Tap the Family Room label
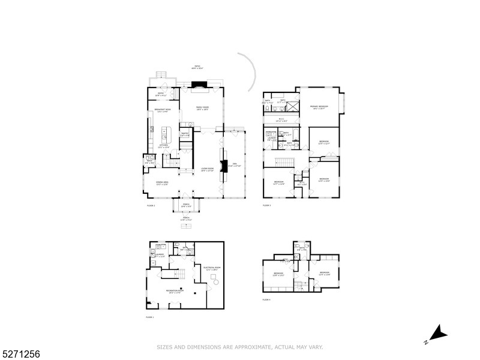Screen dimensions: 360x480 pos(202,109)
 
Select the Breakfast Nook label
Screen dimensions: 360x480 pos(163,110)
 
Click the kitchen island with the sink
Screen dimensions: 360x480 pos(166,133)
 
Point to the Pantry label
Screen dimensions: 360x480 pos(185,134)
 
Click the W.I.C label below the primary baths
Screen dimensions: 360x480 pos(281,119)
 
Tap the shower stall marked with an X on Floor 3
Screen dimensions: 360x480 pos(293,106)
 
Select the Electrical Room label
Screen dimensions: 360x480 pos(212,268)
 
